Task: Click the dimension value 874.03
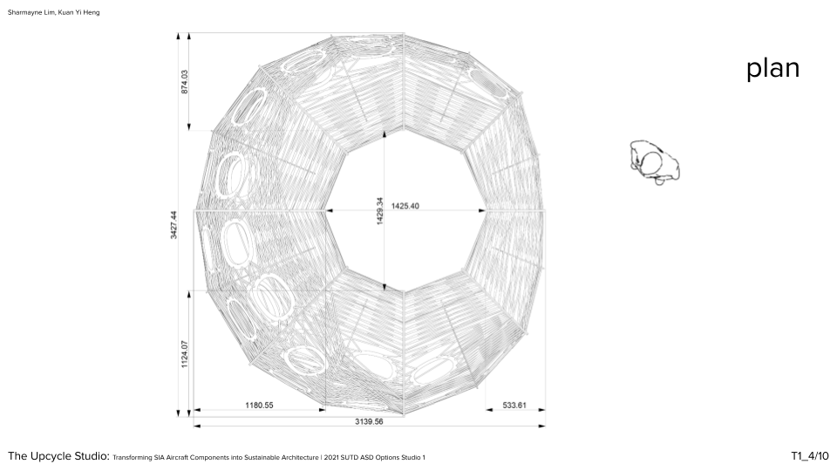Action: pos(185,82)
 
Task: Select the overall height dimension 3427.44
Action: pos(174,225)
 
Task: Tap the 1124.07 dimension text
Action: pos(185,354)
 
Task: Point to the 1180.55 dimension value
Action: pos(260,406)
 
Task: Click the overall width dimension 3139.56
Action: pos(369,422)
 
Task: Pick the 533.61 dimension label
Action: pos(514,406)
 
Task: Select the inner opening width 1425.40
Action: pos(405,206)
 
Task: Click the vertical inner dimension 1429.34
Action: pos(380,211)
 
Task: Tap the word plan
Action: pos(773,69)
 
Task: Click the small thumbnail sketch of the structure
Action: pos(655,162)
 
